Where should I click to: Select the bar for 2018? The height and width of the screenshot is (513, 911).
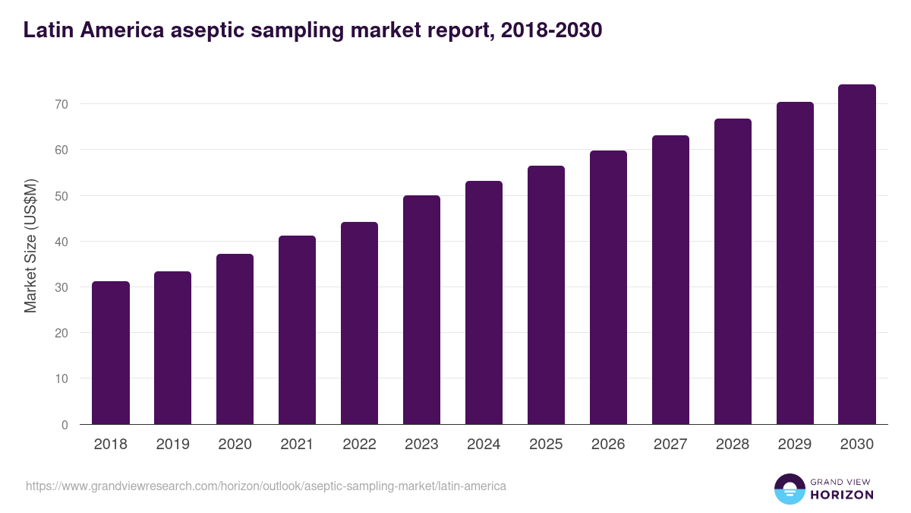tap(111, 353)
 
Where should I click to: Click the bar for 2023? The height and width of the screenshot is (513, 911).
tap(421, 310)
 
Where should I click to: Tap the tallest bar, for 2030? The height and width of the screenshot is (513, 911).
tap(857, 255)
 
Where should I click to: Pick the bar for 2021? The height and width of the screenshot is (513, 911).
tap(297, 330)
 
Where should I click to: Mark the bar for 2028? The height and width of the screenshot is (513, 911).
tap(733, 271)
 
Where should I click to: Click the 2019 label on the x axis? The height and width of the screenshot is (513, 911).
tap(173, 445)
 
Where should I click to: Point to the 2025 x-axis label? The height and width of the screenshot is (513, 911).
tap(546, 445)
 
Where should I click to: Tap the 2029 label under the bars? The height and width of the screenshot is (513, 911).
tap(795, 445)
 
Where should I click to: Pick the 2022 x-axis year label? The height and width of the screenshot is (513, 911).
tap(359, 445)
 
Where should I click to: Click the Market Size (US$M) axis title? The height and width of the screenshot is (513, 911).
tap(30, 246)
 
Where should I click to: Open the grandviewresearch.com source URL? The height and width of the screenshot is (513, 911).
tap(266, 486)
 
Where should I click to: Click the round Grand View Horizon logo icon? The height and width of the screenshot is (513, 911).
tap(789, 489)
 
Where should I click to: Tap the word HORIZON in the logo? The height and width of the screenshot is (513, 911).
tap(842, 495)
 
